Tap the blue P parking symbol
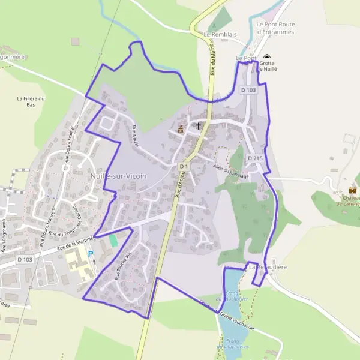[x=91, y=254]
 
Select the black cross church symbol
[x=199, y=126]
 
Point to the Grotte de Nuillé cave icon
[x=266, y=57]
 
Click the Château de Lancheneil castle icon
[x=352, y=191]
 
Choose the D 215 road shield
[x=254, y=158]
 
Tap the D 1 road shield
[x=184, y=166]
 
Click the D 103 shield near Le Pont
[x=248, y=90]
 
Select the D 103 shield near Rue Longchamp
[x=25, y=259]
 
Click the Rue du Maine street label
[x=213, y=62]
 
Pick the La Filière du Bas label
[x=31, y=101]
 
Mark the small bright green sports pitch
[x=113, y=239]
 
